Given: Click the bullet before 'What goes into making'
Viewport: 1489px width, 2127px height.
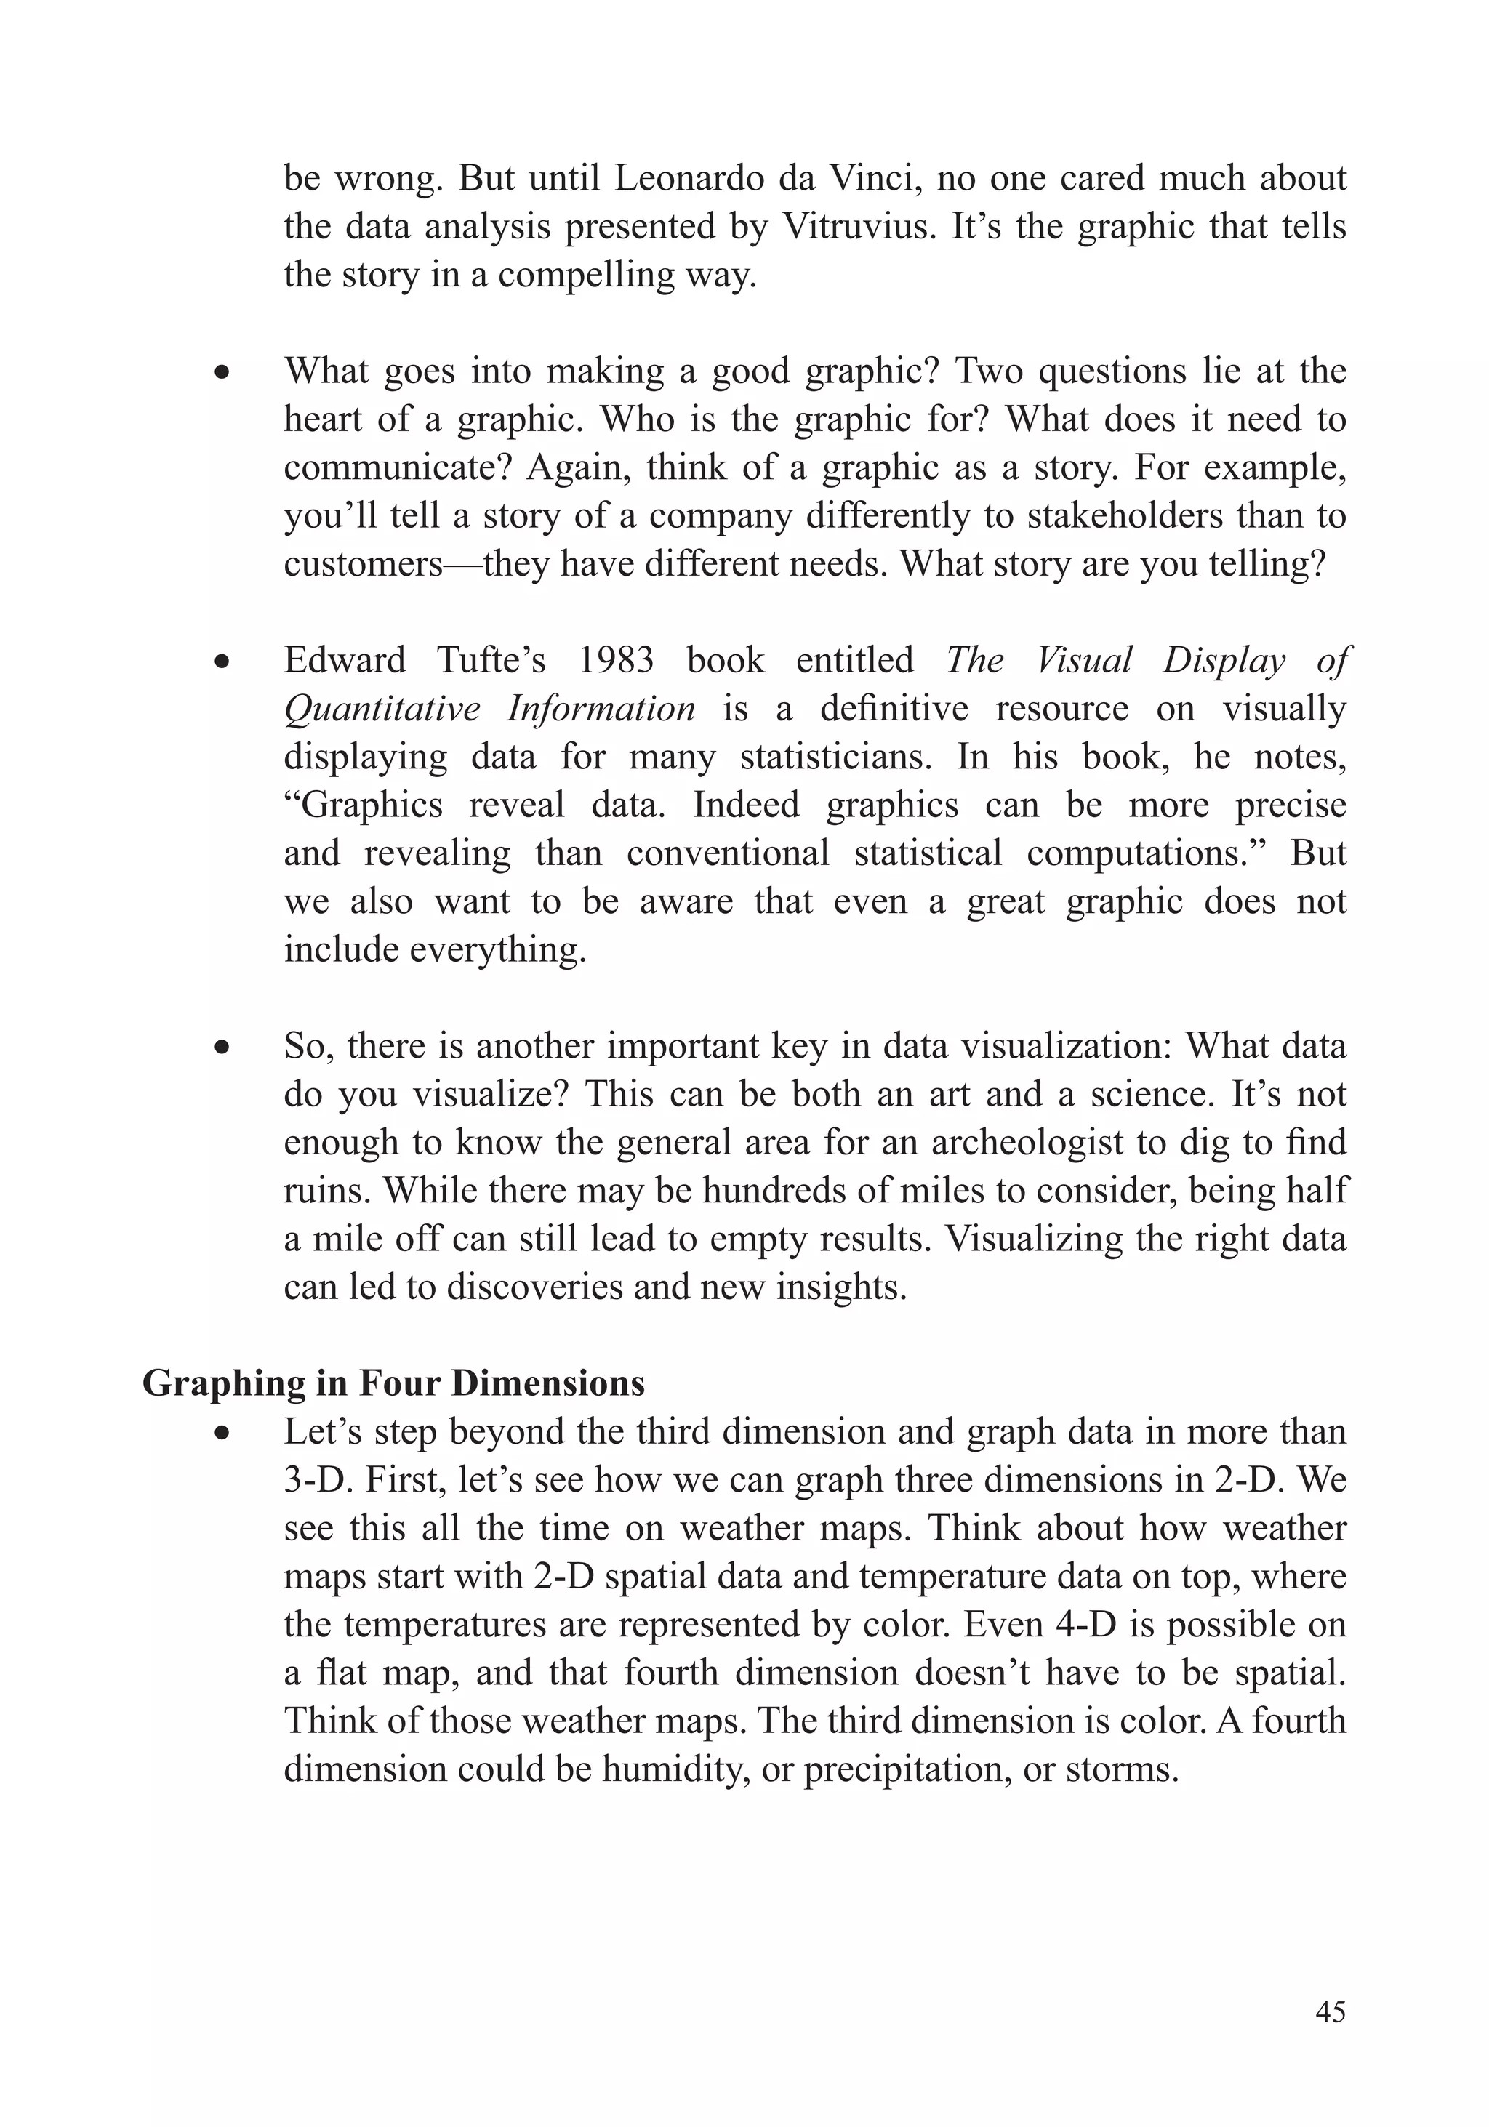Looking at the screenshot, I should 220,374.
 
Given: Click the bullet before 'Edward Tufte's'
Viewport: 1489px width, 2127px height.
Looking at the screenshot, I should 220,662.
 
